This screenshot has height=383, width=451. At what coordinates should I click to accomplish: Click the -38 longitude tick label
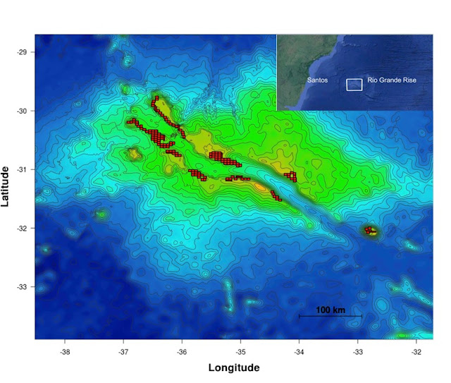pos(65,351)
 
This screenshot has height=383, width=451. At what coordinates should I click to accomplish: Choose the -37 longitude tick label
pos(123,351)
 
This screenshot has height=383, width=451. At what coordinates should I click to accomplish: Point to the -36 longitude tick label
pos(182,351)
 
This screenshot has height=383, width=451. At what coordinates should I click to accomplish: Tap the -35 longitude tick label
pos(240,351)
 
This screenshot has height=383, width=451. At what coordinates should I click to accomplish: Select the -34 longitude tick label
pos(299,351)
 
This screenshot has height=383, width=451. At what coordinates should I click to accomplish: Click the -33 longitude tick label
pos(358,351)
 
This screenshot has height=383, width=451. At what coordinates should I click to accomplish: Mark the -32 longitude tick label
pos(416,351)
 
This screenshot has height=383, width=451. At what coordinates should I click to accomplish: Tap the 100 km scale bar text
pos(330,310)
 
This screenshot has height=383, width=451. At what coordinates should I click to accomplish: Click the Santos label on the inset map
pos(317,80)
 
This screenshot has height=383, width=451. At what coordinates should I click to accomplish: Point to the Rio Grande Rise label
pos(392,80)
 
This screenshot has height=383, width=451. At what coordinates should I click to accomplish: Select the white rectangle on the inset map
pos(354,85)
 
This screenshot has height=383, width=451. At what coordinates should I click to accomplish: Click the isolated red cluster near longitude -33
pos(370,230)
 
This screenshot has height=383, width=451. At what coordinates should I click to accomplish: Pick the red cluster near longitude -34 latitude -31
pos(290,176)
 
